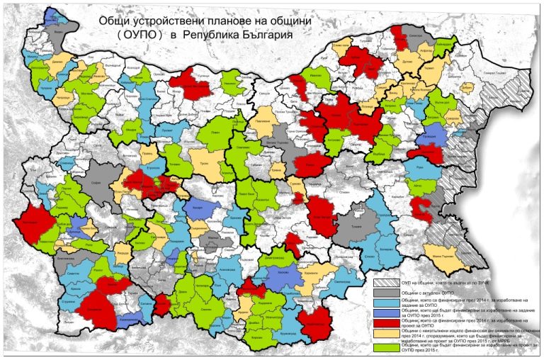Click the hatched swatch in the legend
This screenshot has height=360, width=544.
(385, 283)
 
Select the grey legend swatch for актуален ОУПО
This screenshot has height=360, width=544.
(385, 293)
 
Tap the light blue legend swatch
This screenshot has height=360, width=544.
(385, 302)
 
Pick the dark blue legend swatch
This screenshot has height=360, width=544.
(385, 311)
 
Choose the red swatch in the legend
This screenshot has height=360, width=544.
(385, 321)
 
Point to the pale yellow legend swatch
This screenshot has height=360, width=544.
(385, 332)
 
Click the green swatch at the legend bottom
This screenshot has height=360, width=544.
(385, 347)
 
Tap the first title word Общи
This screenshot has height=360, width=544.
(117, 21)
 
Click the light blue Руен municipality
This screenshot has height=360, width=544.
(419, 169)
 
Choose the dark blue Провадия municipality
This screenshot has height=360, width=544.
(433, 134)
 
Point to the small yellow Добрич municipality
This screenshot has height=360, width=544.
(467, 86)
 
